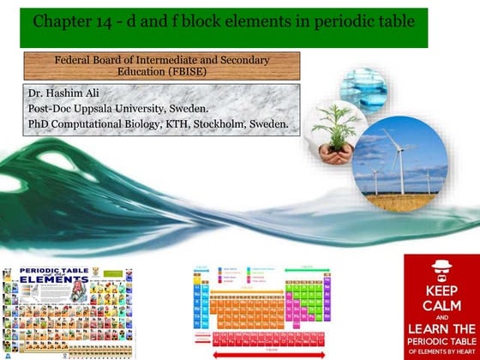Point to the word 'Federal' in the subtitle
[76, 60]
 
